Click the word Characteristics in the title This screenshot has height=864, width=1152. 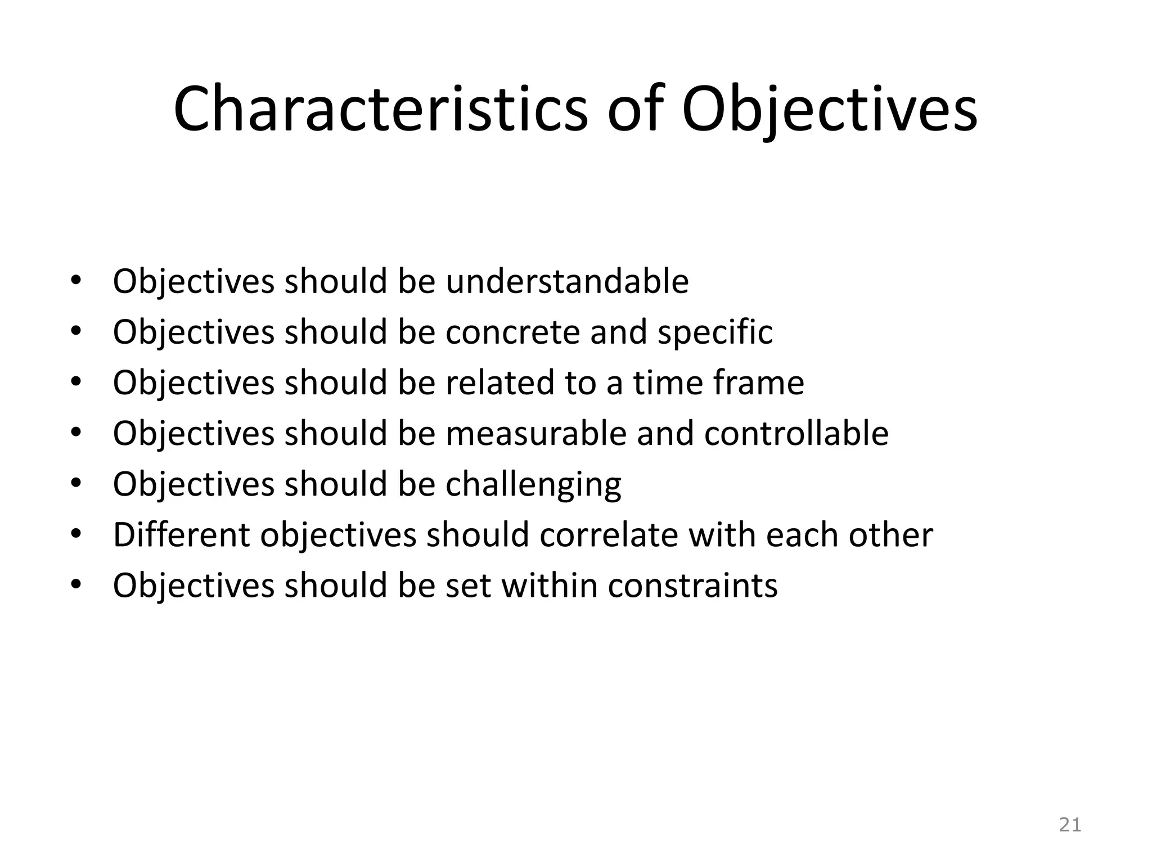point(381,109)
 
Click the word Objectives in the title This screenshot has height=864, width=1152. point(829,109)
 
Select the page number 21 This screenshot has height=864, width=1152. point(1070,825)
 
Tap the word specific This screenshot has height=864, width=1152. point(715,332)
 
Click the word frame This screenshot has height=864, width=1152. point(759,382)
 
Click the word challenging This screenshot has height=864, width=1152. point(533,484)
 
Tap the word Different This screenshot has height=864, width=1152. point(181,534)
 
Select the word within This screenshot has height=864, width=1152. point(549,586)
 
